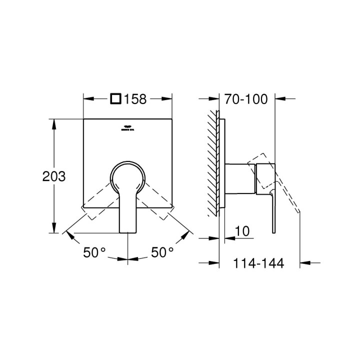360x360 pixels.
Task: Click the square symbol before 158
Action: point(115,98)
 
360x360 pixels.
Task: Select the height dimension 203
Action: point(53,176)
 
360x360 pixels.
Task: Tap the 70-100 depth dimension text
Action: point(246,99)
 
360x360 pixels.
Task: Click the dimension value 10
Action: point(242,230)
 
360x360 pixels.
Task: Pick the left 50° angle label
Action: point(94,253)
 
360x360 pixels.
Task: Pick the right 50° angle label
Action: point(162,253)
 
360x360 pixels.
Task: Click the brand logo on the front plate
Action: point(128,128)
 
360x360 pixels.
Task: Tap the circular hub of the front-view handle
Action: point(128,178)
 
